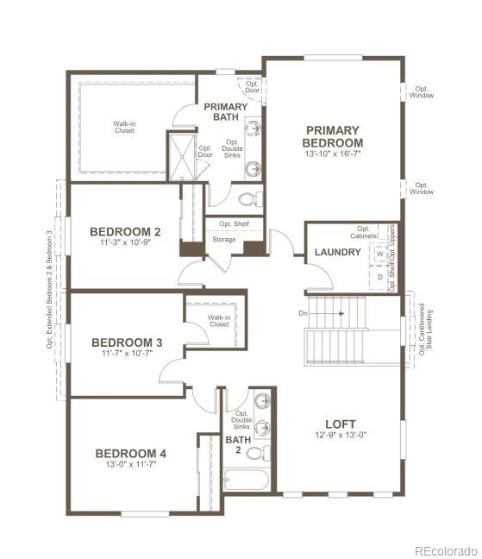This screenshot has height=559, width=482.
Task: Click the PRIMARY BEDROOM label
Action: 333,136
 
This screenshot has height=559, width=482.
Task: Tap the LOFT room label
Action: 340,424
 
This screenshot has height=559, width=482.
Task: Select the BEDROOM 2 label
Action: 125,231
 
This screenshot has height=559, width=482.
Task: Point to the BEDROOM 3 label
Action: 127,342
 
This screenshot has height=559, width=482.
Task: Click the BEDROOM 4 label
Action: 130,453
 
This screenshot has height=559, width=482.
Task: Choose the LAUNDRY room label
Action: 337,252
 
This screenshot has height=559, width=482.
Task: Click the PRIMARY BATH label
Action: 225,112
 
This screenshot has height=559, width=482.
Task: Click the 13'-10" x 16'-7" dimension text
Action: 333,154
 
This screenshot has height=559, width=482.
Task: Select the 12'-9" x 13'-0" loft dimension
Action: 340,436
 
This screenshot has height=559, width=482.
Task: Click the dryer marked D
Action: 379,277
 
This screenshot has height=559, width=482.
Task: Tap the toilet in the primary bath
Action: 249,199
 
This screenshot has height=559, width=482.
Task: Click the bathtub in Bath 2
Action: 247,479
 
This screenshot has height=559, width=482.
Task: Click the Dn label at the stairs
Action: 303,312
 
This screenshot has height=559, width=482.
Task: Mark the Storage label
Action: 223,240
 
